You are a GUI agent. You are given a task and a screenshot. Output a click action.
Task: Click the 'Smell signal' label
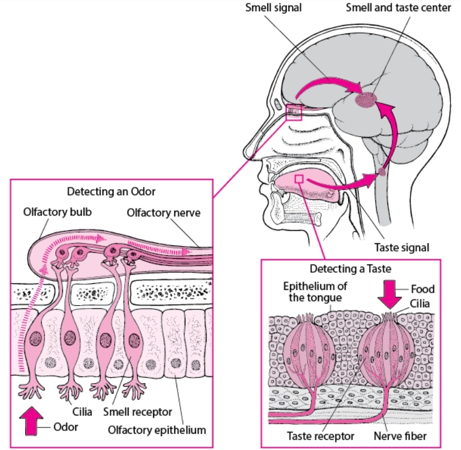273,8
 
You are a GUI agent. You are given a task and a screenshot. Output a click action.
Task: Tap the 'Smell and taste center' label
399,8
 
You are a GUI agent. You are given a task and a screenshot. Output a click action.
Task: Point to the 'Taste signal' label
401,248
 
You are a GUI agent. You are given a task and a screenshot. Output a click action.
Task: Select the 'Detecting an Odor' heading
111,191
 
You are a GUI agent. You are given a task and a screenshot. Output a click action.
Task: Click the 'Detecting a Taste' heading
350,269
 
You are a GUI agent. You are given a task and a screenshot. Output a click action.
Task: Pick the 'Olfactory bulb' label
57,212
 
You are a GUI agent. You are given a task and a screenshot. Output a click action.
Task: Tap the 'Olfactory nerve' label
164,212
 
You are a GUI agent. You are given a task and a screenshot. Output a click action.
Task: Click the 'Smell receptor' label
138,412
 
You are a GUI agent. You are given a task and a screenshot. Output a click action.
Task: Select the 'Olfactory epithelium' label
157,430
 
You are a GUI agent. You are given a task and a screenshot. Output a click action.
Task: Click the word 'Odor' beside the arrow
66,427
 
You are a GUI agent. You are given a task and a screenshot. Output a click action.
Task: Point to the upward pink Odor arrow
31,421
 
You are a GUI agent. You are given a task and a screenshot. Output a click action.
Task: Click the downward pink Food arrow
390,294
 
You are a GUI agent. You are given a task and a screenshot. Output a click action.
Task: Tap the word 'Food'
423,289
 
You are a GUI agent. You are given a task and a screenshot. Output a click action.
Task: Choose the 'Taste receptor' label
321,436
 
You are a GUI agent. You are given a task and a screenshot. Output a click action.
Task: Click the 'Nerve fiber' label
400,436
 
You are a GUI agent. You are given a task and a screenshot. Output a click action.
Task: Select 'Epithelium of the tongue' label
315,292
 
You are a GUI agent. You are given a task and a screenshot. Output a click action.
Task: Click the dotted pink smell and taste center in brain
365,100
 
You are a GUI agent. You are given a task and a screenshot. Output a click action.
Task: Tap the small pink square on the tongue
299,179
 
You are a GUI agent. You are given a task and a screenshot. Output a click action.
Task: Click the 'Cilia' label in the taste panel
420,304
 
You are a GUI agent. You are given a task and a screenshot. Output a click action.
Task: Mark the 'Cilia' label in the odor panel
82,412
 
